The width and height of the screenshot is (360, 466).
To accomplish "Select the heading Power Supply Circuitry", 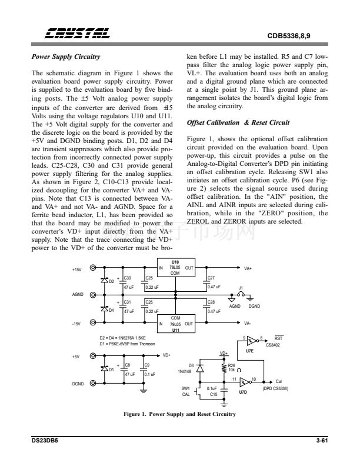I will coord(65,57).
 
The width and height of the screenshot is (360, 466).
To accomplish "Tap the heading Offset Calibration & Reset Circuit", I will coord(238,122).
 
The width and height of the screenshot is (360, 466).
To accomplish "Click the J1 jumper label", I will coord(241,288).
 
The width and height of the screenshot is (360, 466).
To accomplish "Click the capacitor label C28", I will coord(212,302).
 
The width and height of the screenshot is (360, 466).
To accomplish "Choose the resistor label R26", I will coord(231,365).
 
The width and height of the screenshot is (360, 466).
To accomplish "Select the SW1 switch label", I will coord(185,388).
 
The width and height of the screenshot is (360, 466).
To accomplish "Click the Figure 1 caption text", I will coord(179,414).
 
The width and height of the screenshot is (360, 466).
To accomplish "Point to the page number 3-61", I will coord(321,441).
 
